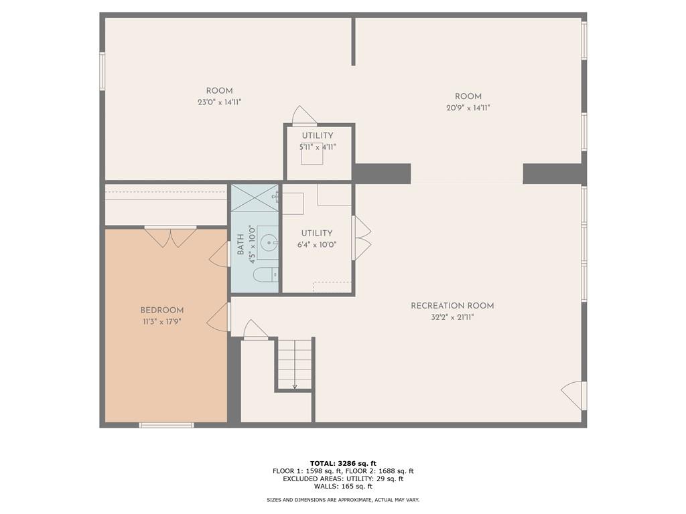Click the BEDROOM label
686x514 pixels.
[161, 310]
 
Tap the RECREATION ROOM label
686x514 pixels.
[452, 306]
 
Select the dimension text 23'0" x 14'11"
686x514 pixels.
[219, 102]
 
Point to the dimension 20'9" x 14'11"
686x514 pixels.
[468, 108]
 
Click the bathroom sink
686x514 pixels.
[268, 242]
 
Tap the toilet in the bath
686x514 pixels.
[266, 274]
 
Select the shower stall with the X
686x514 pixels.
[255, 197]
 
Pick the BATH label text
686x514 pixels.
[241, 244]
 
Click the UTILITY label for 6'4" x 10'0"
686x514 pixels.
[317, 234]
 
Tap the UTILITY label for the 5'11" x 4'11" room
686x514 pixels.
[317, 136]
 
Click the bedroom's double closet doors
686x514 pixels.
[171, 237]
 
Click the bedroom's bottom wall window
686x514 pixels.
[166, 424]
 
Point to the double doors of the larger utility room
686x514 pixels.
[362, 238]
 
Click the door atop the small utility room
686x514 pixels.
[303, 116]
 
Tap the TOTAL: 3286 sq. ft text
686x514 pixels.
[343, 463]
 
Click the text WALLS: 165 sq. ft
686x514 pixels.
[343, 487]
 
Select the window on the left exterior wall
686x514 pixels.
[102, 71]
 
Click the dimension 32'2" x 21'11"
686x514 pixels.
[452, 317]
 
